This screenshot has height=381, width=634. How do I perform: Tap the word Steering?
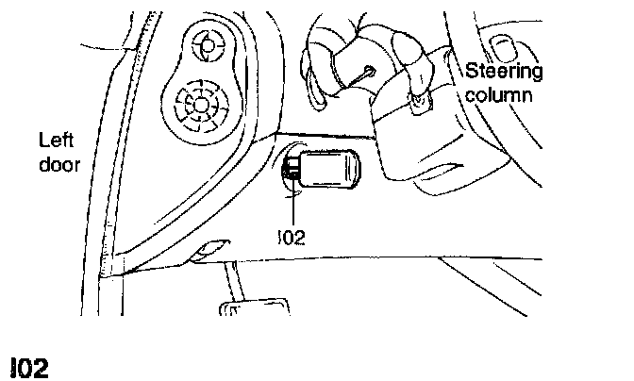[x=505, y=73]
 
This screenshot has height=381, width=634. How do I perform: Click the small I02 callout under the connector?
[x=292, y=237]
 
